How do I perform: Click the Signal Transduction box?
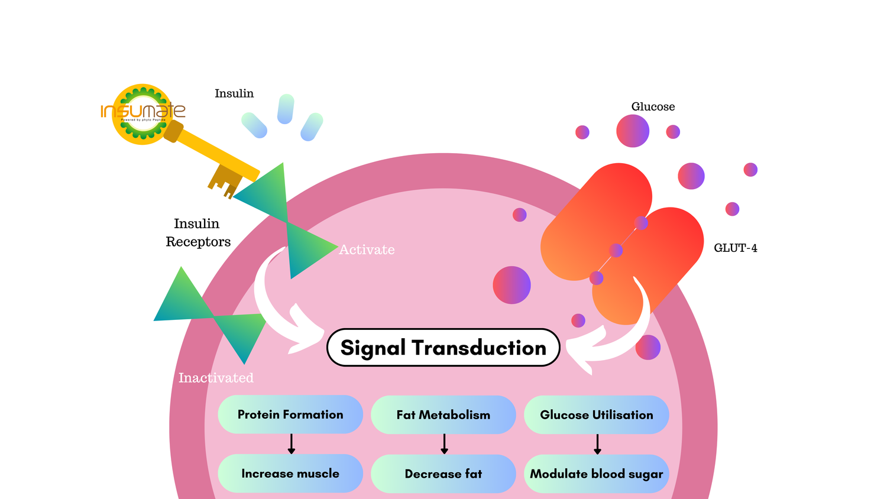click(x=443, y=348)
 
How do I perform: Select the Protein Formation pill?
click(x=290, y=414)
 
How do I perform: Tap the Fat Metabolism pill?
click(x=443, y=415)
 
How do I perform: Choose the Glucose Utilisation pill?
click(x=596, y=415)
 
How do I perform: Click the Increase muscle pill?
click(x=290, y=474)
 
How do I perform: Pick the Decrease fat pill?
click(x=443, y=474)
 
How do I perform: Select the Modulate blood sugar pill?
click(x=596, y=474)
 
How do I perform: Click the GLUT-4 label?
click(x=735, y=248)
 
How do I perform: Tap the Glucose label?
click(x=653, y=107)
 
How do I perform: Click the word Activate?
click(x=367, y=250)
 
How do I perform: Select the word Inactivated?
click(x=216, y=378)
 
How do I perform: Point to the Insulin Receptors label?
click(x=198, y=232)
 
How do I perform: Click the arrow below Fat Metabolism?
click(x=444, y=444)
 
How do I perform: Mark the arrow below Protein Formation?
click(x=291, y=444)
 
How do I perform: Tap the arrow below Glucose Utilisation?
click(x=597, y=444)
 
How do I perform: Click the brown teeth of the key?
click(x=224, y=180)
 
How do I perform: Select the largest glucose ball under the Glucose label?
click(x=633, y=131)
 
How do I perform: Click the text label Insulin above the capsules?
click(x=234, y=93)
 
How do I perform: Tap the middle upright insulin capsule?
click(x=286, y=109)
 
